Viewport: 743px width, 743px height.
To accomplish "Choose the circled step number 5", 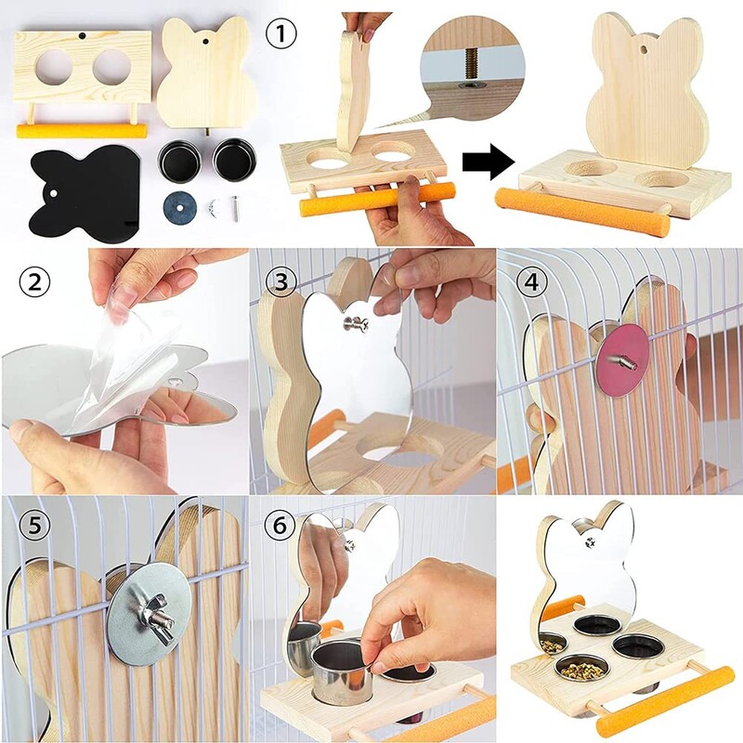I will click(x=34, y=528).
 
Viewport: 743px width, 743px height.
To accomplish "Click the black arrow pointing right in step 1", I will click(x=489, y=164).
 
